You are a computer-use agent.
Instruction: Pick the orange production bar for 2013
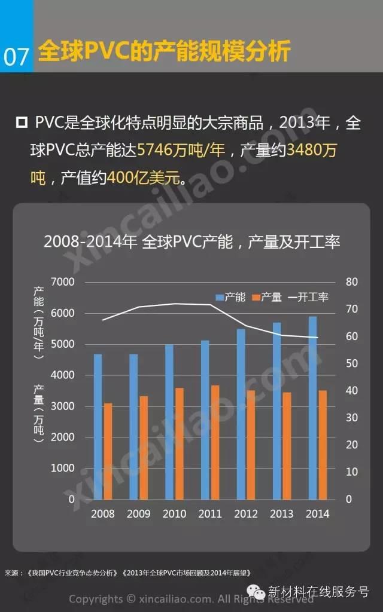[x=287, y=445]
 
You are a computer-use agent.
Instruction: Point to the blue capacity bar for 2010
[x=169, y=421]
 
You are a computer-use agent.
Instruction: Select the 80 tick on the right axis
[x=352, y=282]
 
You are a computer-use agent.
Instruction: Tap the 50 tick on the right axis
[x=352, y=363]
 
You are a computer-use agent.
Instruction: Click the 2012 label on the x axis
[x=246, y=514]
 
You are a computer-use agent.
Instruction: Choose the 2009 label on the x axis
[x=139, y=514]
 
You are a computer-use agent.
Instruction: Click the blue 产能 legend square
[x=220, y=297]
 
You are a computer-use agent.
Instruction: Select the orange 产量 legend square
[x=256, y=297]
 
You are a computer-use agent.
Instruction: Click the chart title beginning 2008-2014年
[x=191, y=242]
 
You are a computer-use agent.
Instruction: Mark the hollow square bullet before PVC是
[x=22, y=123]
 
